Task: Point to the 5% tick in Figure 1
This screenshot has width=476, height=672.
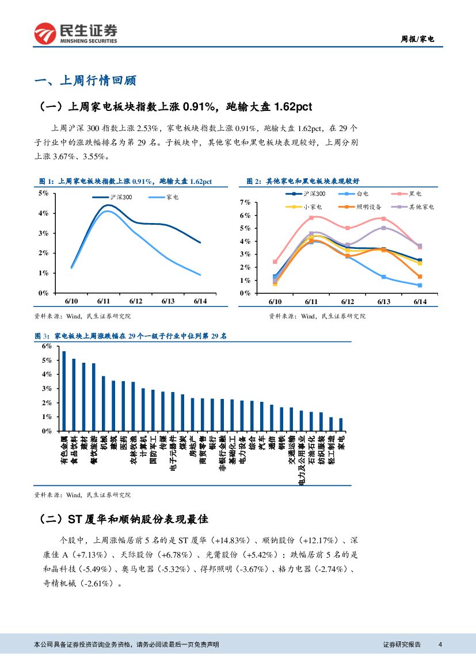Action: [44, 193]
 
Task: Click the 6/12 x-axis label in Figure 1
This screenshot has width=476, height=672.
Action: [136, 301]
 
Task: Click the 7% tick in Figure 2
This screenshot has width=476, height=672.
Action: [245, 202]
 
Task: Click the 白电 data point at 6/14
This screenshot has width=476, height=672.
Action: [420, 285]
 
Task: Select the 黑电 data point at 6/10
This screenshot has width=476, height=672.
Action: [275, 262]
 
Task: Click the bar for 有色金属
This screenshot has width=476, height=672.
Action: [64, 391]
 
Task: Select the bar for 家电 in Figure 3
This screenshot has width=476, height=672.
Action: [341, 424]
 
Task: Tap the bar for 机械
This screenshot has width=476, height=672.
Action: [104, 403]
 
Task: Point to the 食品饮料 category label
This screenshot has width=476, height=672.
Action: [74, 448]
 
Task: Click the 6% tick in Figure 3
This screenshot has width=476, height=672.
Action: [47, 347]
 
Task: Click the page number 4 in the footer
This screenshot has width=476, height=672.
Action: [440, 644]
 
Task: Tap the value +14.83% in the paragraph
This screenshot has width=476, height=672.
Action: [230, 540]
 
